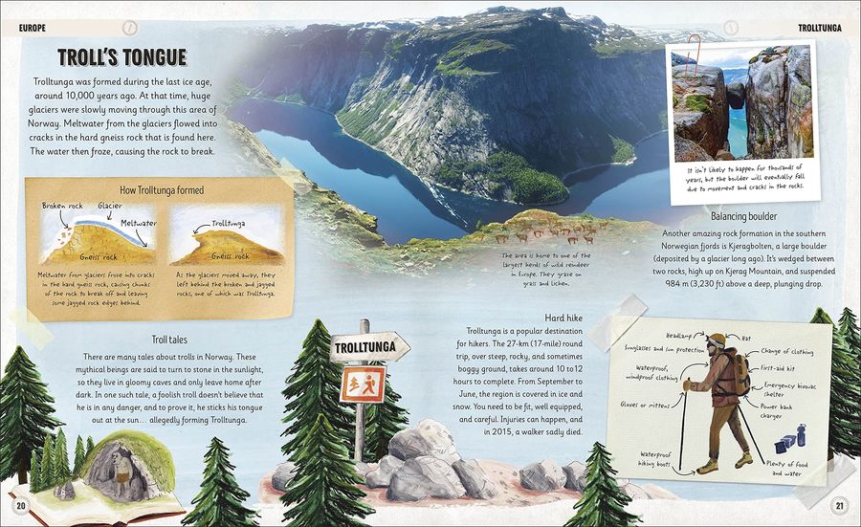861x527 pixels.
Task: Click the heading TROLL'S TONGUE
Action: pyautogui.click(x=121, y=57)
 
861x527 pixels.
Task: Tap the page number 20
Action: pyautogui.click(x=20, y=506)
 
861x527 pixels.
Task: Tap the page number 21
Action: pyautogui.click(x=839, y=506)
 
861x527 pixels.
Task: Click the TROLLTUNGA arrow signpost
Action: pyautogui.click(x=369, y=345)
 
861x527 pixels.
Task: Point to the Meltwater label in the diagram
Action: pyautogui.click(x=138, y=223)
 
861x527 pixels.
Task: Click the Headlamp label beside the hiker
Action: pyautogui.click(x=678, y=336)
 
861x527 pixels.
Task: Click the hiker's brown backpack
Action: pyautogui.click(x=734, y=373)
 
